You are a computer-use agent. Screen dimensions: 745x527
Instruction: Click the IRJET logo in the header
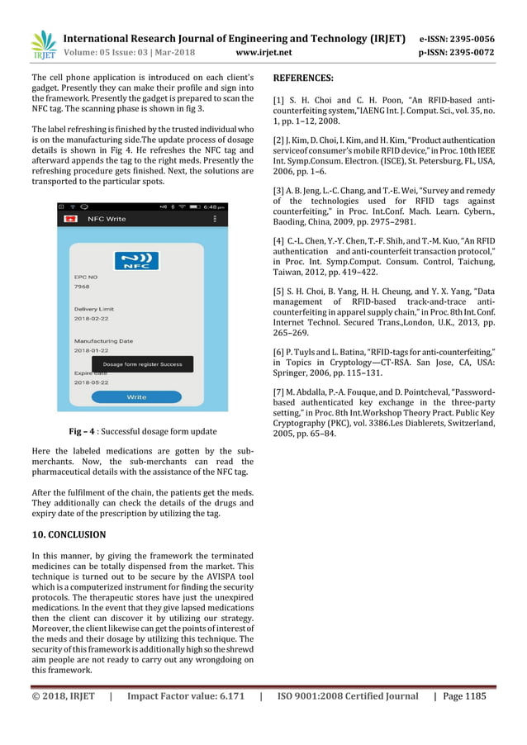click(42, 45)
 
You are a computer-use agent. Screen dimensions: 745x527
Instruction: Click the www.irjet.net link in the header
click(263, 53)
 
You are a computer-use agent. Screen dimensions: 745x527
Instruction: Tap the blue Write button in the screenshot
click(136, 397)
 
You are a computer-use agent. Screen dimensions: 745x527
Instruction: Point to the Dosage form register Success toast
click(142, 364)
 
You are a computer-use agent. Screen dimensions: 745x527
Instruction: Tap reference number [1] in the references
click(279, 100)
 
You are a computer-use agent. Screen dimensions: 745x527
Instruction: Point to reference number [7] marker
click(279, 391)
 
